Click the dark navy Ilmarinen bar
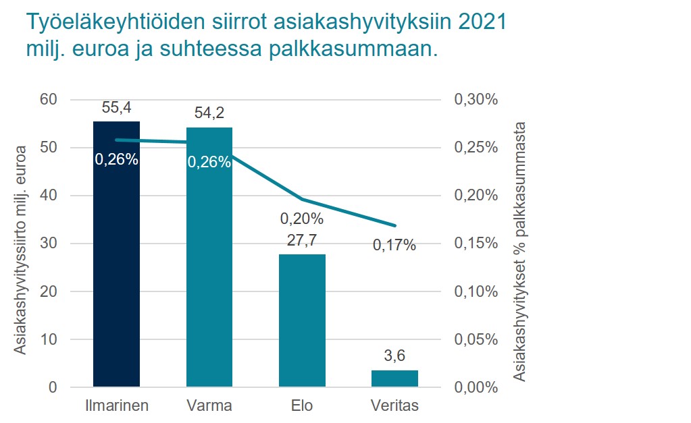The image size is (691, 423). click(x=116, y=270)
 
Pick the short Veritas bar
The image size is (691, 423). click(x=394, y=378)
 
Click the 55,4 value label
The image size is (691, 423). click(x=116, y=107)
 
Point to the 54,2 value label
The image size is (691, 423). click(x=209, y=113)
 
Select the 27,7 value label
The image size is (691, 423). click(x=302, y=240)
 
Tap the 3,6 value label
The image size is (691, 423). click(x=394, y=356)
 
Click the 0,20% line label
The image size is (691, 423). click(x=302, y=219)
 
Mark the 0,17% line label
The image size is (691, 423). click(x=394, y=245)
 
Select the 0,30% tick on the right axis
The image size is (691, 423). click(x=478, y=100)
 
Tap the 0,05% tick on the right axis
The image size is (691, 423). click(x=478, y=339)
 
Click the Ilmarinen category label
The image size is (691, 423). click(x=116, y=406)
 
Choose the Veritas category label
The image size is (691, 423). click(x=394, y=406)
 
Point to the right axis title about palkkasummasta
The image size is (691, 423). click(x=519, y=251)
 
